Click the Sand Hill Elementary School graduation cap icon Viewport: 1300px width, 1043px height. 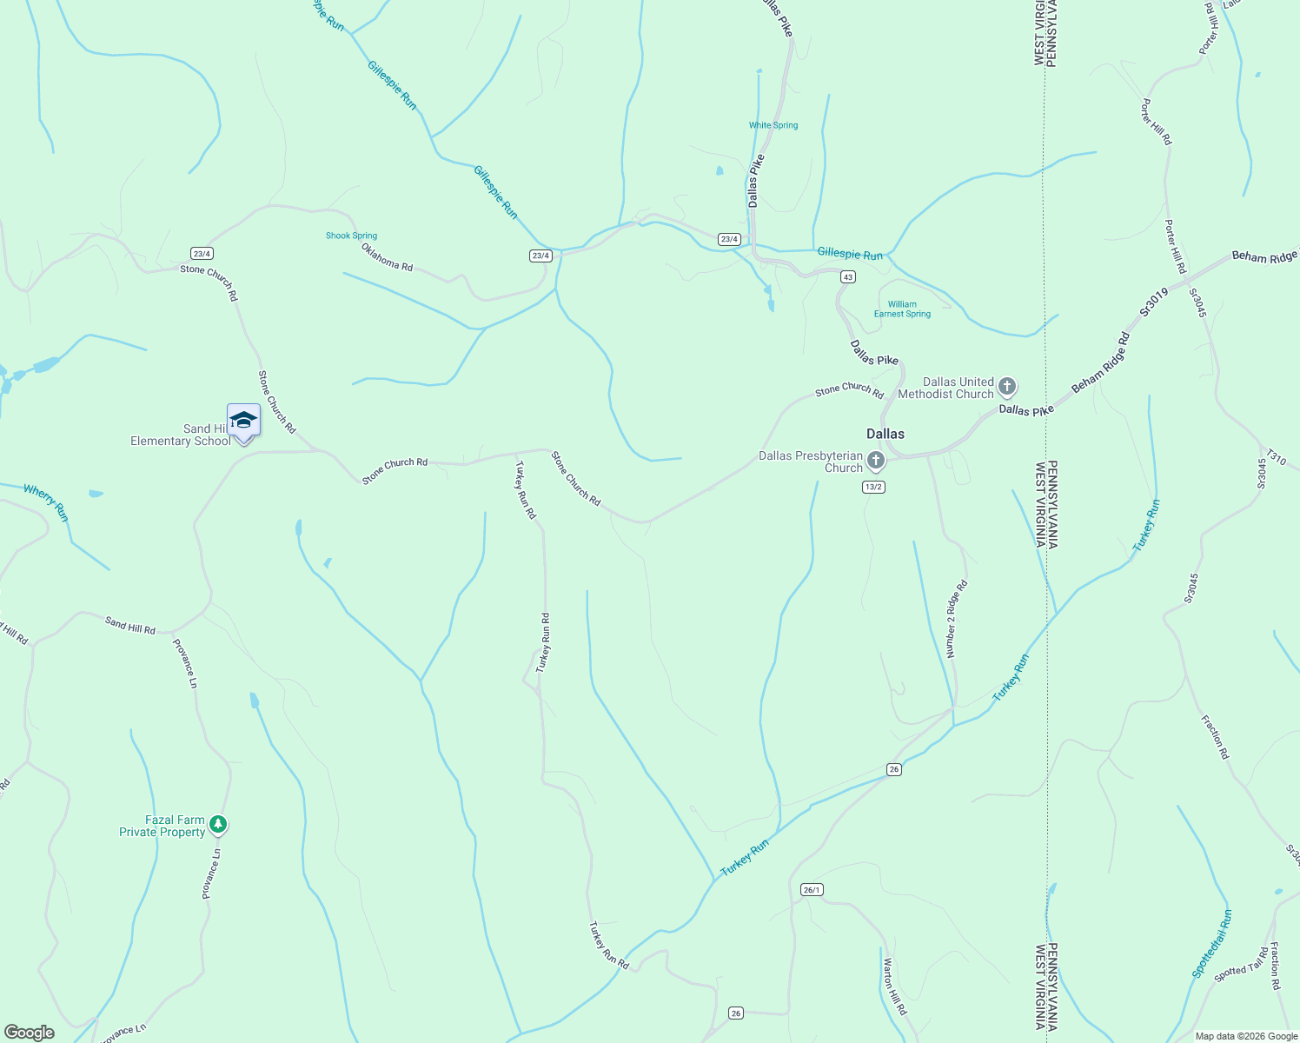(243, 421)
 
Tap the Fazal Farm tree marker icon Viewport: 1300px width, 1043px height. (218, 824)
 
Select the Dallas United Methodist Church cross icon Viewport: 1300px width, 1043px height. (1007, 386)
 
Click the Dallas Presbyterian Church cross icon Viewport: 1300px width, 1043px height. (876, 460)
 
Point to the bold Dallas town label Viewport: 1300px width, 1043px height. (885, 434)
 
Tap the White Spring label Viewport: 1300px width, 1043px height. (773, 125)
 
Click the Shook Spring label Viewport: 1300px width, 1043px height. (351, 236)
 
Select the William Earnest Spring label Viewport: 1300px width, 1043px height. (902, 309)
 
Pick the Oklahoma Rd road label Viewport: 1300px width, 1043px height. (387, 256)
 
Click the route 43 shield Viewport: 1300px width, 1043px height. (847, 276)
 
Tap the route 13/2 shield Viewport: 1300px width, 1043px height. (873, 487)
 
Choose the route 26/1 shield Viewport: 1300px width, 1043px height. (812, 889)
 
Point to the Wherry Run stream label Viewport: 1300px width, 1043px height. (45, 502)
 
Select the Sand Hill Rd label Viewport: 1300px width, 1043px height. (130, 625)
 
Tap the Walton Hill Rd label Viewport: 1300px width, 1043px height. (894, 987)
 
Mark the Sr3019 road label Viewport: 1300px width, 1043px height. (1155, 301)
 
